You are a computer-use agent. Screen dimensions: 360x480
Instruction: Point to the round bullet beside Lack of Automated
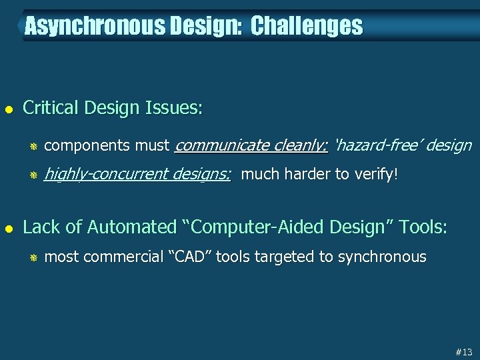tap(8, 227)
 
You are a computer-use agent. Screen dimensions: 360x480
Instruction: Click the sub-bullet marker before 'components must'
tap(32, 146)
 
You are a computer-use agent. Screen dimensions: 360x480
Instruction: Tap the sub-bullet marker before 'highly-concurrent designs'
tap(32, 175)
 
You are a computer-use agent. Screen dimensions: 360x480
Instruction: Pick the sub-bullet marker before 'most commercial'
tap(32, 257)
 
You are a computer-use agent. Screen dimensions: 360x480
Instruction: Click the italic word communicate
tap(217, 145)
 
